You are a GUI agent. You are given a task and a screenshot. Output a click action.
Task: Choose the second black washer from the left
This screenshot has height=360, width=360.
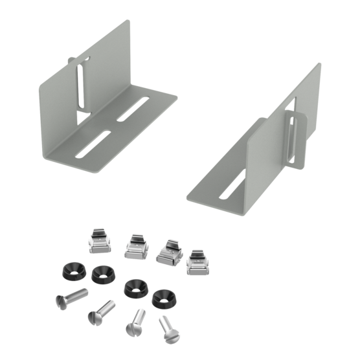[x=101, y=275]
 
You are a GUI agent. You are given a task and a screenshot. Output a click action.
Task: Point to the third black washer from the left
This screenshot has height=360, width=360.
[x=134, y=287]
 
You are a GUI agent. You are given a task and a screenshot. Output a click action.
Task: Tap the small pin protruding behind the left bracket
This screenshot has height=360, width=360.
[x=70, y=60]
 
